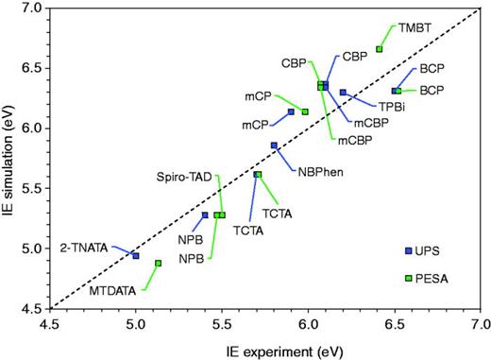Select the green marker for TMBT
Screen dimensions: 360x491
click(380, 49)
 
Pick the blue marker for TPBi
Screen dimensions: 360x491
click(343, 93)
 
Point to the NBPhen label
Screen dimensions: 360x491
click(319, 171)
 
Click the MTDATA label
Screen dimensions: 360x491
click(111, 290)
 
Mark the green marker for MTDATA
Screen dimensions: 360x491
click(159, 263)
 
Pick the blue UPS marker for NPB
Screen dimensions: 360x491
click(205, 215)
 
